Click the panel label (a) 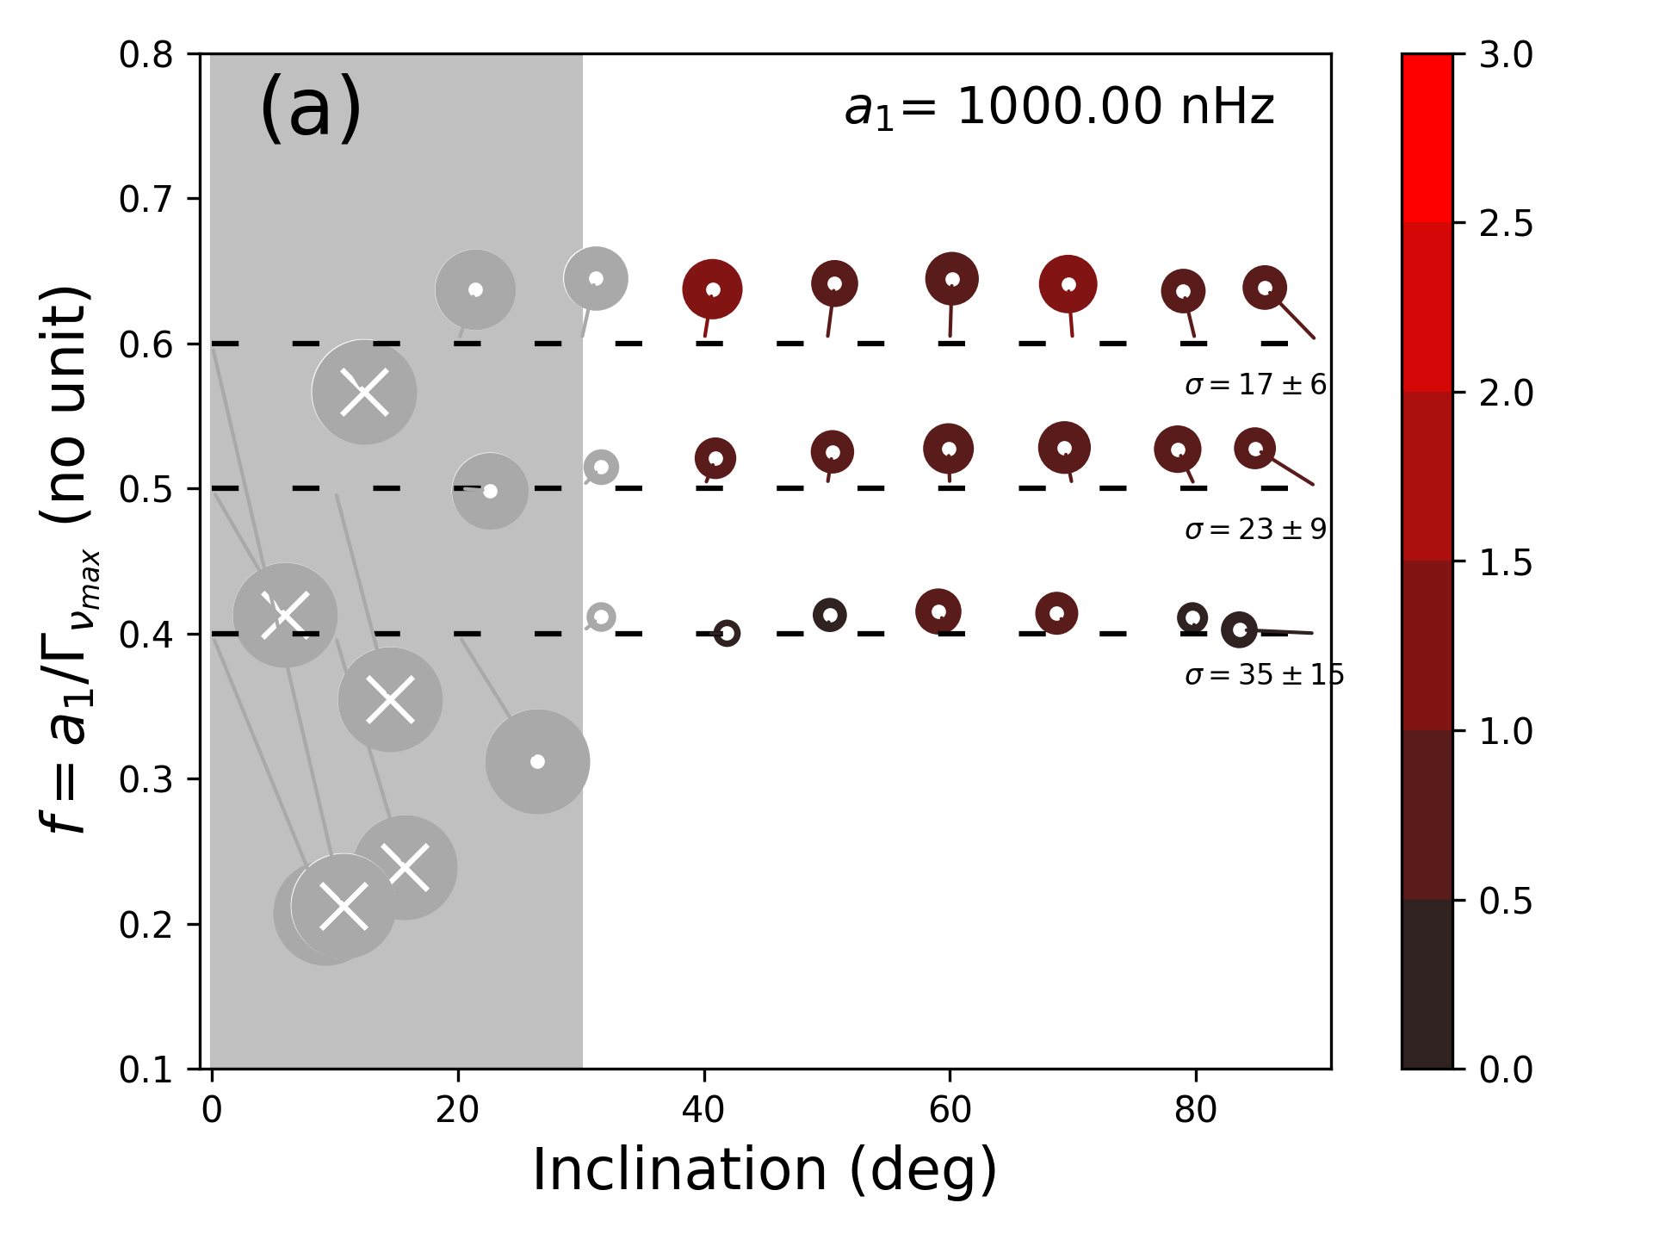point(310,108)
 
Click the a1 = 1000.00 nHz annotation point(1059,108)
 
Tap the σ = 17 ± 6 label point(1255,384)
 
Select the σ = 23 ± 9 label point(1255,529)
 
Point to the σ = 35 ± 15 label point(1264,674)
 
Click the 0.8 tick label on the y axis point(145,55)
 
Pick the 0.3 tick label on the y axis point(145,779)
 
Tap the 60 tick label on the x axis point(950,1110)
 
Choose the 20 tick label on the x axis point(457,1110)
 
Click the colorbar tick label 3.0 point(1506,55)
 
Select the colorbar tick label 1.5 point(1506,562)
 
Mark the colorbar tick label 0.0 point(1506,1069)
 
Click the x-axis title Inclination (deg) point(765,1169)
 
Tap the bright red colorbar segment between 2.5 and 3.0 point(1427,138)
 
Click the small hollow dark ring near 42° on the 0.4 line point(727,634)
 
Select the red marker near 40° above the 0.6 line point(712,289)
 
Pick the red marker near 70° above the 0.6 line point(1068,284)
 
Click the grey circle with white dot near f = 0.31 point(537,761)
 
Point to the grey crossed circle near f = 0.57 point(364,393)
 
